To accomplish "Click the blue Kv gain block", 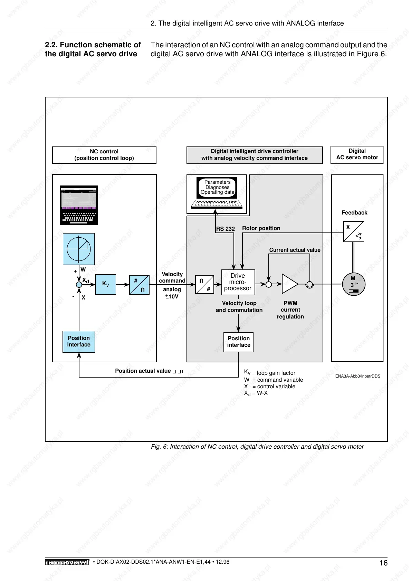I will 105,284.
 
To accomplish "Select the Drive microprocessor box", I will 238,282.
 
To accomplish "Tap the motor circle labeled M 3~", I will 353,284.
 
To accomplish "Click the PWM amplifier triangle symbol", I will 289,284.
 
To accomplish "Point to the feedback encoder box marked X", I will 353,231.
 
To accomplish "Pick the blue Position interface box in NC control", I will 79,342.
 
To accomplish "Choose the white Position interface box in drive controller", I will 238,342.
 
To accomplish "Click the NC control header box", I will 104,155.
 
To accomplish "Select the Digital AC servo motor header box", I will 357,154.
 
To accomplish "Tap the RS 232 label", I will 225,229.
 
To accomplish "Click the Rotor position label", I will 261,228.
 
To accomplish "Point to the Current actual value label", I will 295,250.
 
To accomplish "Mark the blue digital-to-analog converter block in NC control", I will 139,285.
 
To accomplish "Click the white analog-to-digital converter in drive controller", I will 204,285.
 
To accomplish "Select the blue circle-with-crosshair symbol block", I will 79,249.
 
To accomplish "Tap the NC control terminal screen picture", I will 79,205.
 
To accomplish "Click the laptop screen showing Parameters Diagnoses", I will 217,188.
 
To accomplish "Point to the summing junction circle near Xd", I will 79,284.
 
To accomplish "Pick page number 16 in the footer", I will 383,563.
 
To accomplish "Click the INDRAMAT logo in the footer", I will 67,562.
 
